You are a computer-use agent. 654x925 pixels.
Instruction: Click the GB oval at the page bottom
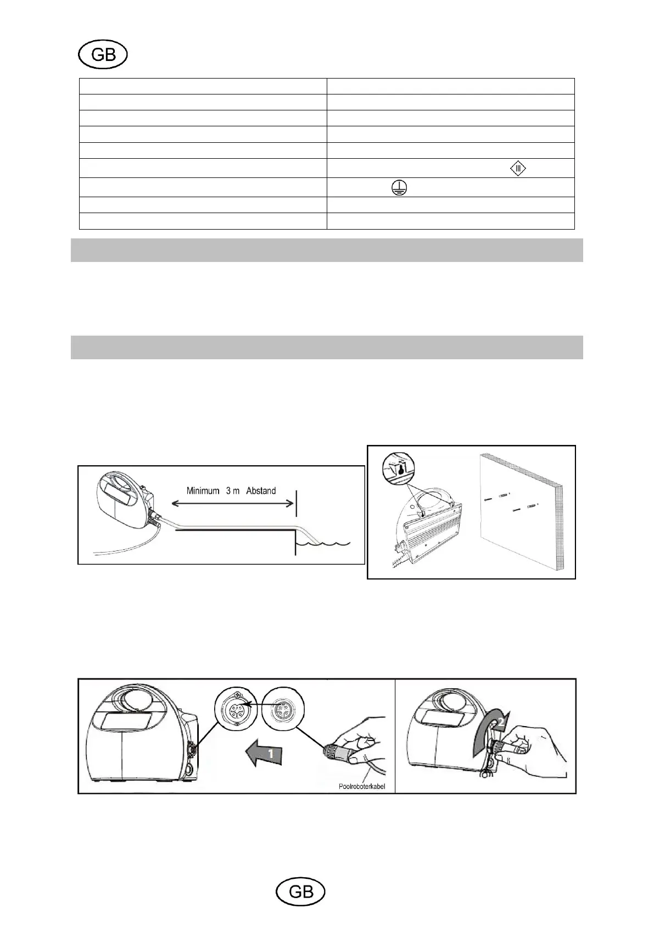pyautogui.click(x=300, y=892)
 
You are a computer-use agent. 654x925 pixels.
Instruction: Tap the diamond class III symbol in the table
pyautogui.click(x=518, y=168)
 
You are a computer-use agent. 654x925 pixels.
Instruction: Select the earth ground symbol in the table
pyautogui.click(x=399, y=188)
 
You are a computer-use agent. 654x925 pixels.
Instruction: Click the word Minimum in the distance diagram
pyautogui.click(x=203, y=491)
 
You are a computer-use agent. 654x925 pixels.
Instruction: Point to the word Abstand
pyautogui.click(x=261, y=491)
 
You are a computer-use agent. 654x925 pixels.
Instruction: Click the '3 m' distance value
pyautogui.click(x=232, y=491)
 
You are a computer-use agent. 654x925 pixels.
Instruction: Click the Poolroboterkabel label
pyautogui.click(x=362, y=786)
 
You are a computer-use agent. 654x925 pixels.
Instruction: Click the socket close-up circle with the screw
pyautogui.click(x=236, y=708)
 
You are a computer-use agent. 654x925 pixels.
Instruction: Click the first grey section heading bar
pyautogui.click(x=327, y=250)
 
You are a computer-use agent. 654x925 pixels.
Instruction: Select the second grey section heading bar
pyautogui.click(x=327, y=347)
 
